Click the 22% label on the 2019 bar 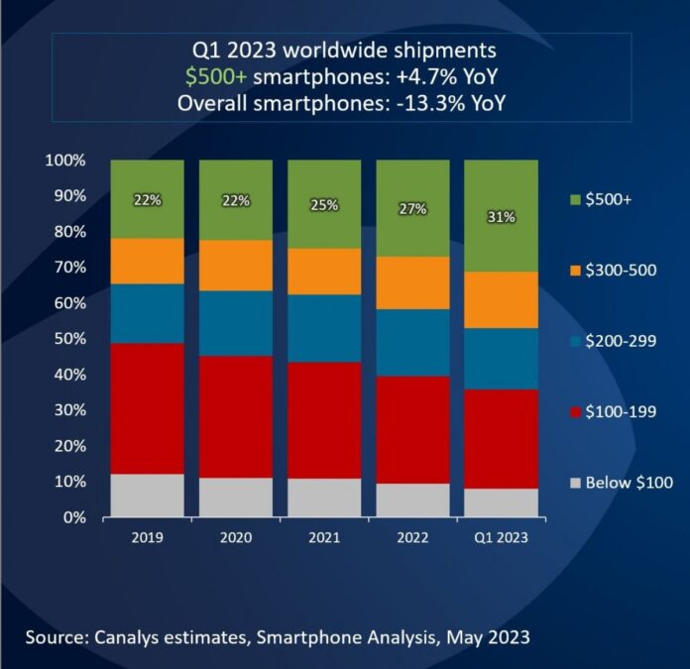tap(147, 200)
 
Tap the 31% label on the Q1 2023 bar tap(501, 216)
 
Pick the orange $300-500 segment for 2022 tap(412, 282)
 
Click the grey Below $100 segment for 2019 tap(147, 496)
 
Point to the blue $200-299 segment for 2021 tap(324, 328)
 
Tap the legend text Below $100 tap(628, 483)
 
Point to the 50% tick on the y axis tap(68, 339)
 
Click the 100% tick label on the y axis tap(64, 161)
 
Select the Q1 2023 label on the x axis tap(501, 538)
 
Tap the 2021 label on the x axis tap(324, 538)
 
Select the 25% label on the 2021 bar tap(324, 205)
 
